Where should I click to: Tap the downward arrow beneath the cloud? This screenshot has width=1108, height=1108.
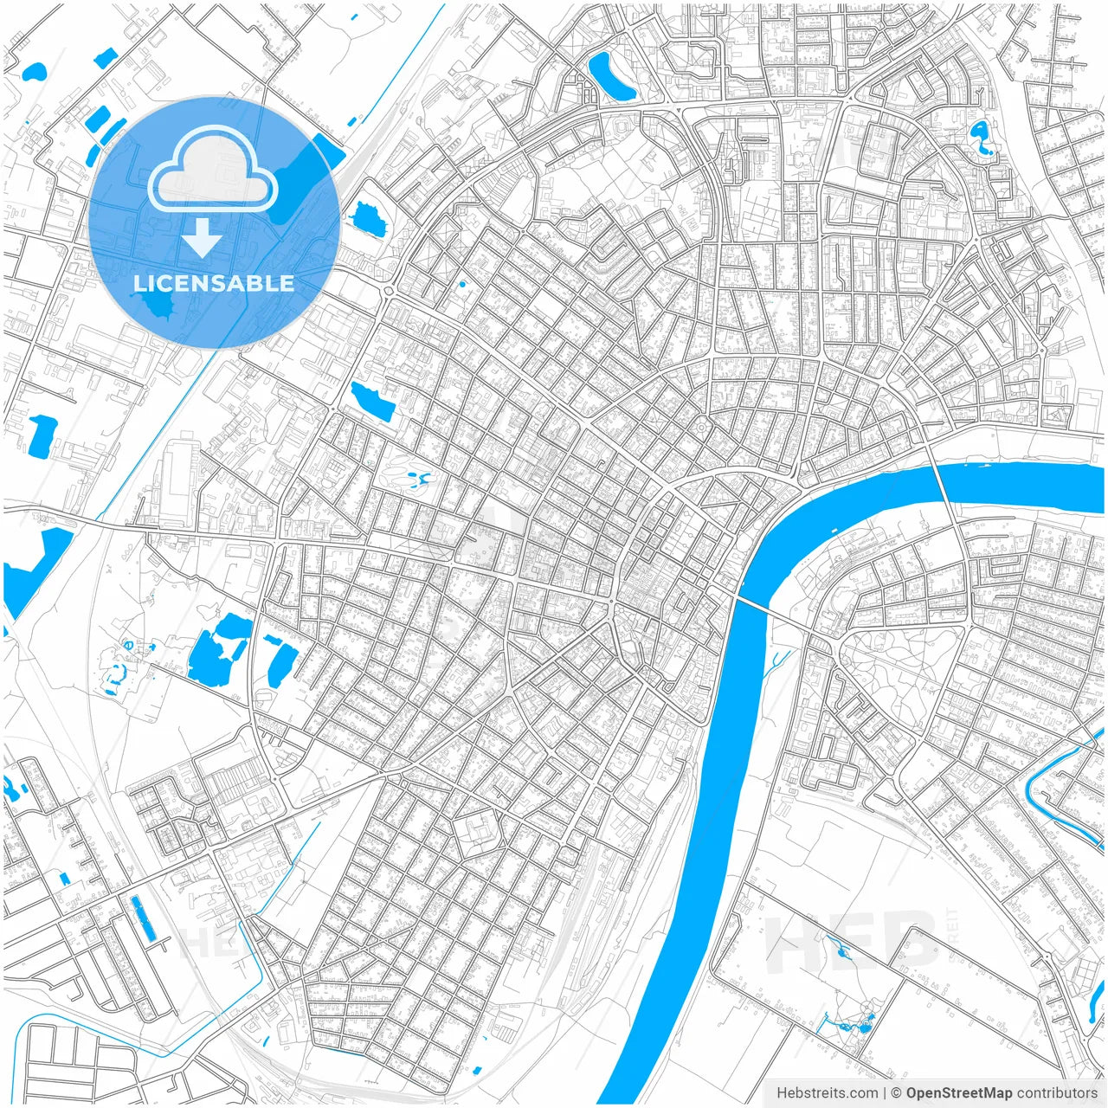[x=202, y=237]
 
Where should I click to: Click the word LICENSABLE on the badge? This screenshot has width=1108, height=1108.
[x=214, y=283]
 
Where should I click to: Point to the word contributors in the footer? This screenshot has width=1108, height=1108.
[x=1057, y=1092]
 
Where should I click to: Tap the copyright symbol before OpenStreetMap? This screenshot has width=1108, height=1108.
[x=897, y=1092]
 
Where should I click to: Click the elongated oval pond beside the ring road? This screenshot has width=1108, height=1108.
[x=610, y=75]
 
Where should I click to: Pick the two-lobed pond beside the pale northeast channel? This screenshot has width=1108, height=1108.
[x=981, y=138]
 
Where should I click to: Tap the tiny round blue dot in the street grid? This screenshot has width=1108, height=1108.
[x=462, y=284]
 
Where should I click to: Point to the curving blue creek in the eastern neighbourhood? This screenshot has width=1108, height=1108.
[x=1056, y=796]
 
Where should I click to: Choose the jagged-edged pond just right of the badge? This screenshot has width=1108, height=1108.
[x=368, y=218]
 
